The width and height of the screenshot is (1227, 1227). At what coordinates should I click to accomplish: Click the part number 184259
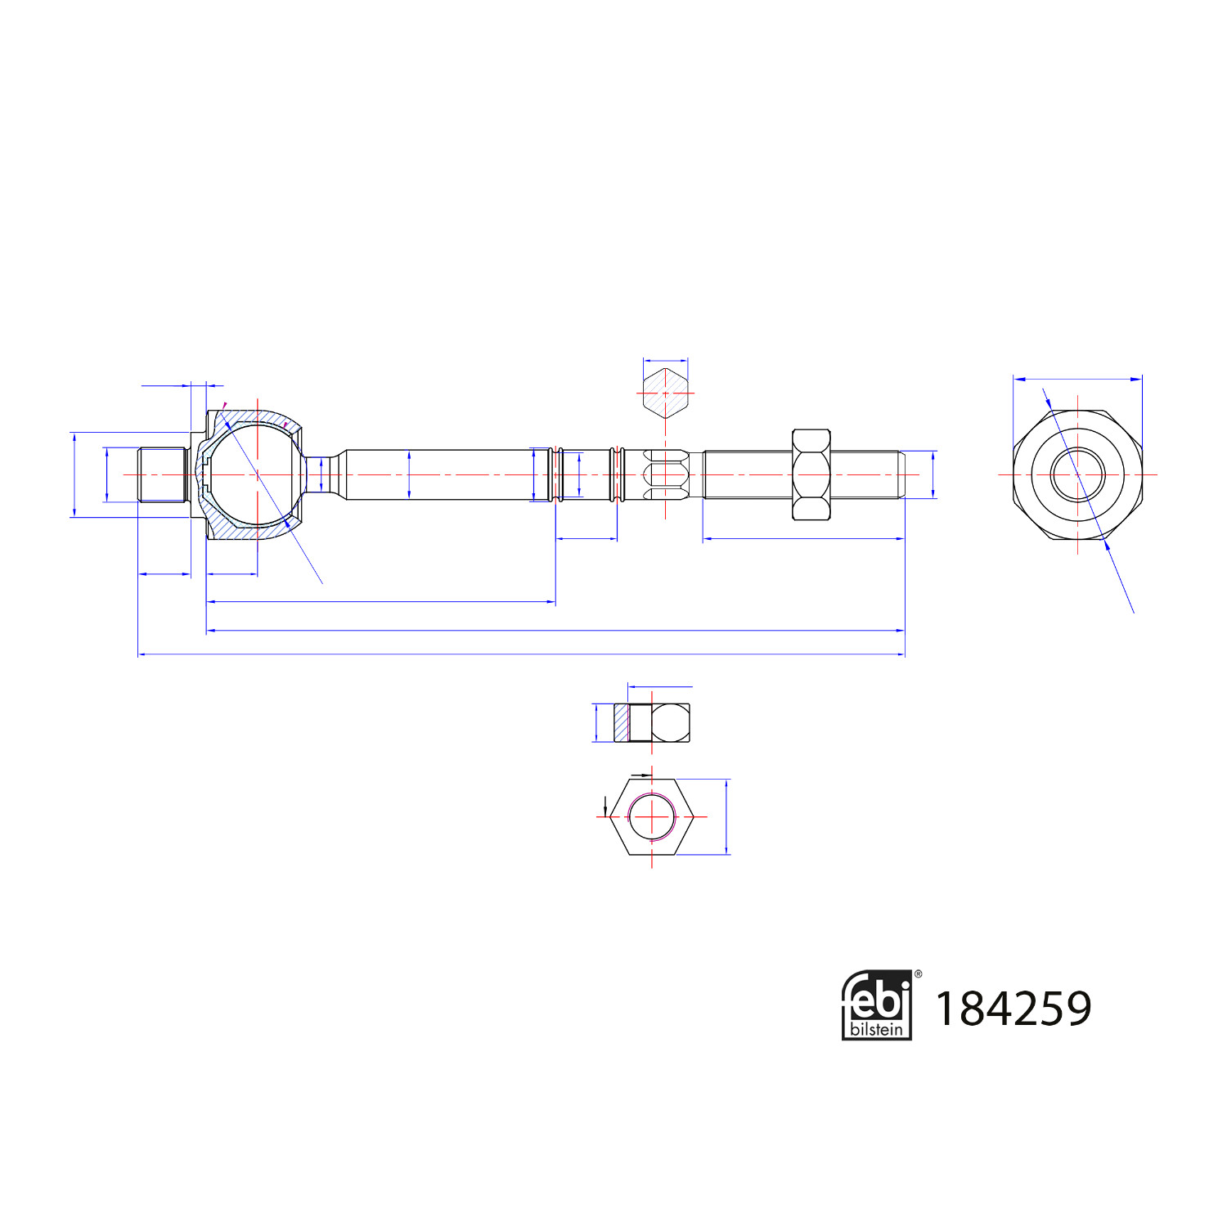(1012, 1008)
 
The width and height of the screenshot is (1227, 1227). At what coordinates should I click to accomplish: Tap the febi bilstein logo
(876, 1005)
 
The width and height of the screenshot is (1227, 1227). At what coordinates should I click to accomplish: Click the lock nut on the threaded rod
(811, 474)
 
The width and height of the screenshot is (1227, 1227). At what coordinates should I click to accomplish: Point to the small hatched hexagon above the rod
(665, 393)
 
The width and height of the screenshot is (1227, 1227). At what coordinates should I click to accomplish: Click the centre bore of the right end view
(1077, 474)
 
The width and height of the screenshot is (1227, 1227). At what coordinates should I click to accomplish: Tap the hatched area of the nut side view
(622, 723)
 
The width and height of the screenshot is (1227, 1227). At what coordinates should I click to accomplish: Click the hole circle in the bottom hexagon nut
(652, 816)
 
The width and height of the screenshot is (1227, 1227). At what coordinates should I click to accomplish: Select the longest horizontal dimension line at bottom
(521, 654)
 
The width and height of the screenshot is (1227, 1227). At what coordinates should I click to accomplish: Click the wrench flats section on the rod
(665, 474)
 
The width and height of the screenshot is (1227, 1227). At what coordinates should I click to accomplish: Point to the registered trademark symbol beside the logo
(918, 974)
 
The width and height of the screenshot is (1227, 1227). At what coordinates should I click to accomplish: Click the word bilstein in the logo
(876, 1029)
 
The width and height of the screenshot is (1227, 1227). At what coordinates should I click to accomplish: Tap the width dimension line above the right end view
(1077, 379)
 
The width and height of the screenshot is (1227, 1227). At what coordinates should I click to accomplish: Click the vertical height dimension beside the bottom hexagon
(726, 816)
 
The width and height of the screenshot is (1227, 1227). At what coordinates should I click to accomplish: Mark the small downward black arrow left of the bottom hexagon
(605, 806)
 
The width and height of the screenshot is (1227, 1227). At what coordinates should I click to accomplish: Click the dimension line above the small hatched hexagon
(665, 359)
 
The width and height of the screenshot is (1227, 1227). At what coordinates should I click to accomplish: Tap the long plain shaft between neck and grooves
(442, 474)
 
